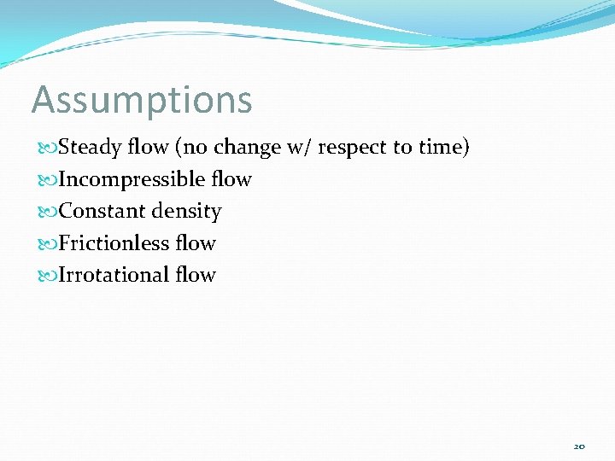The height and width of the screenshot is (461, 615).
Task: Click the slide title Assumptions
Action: click(x=142, y=101)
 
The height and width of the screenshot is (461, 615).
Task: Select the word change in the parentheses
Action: click(x=247, y=148)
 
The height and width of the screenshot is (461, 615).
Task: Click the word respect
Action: click(x=352, y=149)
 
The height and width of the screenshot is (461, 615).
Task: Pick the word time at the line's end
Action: click(x=441, y=148)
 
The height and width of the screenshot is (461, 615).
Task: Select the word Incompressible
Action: click(x=132, y=180)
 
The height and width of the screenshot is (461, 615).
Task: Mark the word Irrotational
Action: click(x=114, y=275)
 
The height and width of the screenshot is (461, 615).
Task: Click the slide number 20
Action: click(x=579, y=446)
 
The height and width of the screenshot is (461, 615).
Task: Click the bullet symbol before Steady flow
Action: click(x=46, y=149)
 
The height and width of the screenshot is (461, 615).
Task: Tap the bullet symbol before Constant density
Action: click(x=46, y=212)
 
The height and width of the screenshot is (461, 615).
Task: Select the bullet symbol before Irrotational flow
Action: click(x=46, y=276)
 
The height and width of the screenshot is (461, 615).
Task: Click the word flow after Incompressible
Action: click(x=231, y=179)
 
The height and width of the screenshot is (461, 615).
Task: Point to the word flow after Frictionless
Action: click(x=196, y=243)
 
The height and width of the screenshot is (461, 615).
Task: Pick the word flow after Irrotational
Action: click(x=196, y=275)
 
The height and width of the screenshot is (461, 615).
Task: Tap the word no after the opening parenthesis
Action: click(x=194, y=148)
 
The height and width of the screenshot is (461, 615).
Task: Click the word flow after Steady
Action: click(x=148, y=148)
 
